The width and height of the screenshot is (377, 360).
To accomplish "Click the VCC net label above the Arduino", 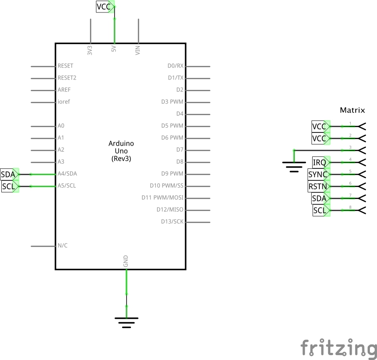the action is (105, 7).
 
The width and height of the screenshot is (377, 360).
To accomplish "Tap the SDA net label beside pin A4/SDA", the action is (10, 175).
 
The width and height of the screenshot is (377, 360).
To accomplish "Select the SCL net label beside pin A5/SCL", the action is (10, 187).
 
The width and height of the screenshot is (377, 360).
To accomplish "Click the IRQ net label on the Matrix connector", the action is (321, 162).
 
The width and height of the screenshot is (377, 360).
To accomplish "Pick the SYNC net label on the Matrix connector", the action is (319, 175).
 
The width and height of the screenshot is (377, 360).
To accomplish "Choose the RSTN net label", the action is (319, 187).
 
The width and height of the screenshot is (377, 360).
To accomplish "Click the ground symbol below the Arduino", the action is (127, 323).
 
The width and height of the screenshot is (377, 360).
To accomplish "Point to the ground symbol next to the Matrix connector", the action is (294, 167).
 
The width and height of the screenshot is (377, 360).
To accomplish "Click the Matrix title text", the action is (352, 110).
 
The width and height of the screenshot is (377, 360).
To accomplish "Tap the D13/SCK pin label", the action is (172, 221).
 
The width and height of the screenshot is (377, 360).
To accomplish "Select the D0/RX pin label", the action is (175, 66).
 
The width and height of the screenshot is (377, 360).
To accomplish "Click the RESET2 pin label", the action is (67, 78).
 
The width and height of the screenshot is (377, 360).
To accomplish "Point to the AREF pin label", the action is (64, 90).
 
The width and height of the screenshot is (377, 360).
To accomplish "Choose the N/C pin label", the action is (63, 245).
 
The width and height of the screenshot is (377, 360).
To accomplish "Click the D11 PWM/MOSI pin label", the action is (162, 198).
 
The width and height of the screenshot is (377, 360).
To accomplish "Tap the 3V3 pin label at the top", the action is (90, 50).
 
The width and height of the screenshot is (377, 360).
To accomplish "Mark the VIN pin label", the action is (138, 50).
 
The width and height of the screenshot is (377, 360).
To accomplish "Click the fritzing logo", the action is (338, 348).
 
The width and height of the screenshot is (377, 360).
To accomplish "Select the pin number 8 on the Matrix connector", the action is (350, 207).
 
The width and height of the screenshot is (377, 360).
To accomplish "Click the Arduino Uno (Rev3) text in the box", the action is (121, 151).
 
